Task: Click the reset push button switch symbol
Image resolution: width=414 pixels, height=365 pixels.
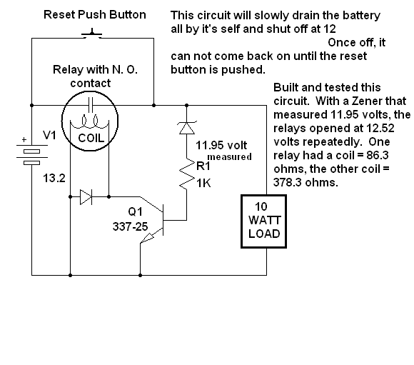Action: click(x=91, y=34)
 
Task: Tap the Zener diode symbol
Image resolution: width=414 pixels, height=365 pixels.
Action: click(x=187, y=128)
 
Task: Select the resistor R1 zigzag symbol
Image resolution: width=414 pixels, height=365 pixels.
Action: click(x=187, y=174)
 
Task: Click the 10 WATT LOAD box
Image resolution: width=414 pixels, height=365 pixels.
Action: click(x=264, y=221)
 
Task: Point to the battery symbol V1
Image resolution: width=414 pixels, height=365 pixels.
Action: click(x=32, y=154)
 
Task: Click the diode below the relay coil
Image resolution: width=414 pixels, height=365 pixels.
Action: click(x=86, y=197)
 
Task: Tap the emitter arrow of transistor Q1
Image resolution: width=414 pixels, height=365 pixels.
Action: click(x=148, y=237)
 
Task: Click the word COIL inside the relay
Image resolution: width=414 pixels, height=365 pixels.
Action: click(x=91, y=139)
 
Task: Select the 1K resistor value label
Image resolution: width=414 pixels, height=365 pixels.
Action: click(x=203, y=183)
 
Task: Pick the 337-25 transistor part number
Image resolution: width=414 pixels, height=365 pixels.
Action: click(x=130, y=226)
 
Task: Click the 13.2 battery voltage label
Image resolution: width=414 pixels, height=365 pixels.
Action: click(x=54, y=178)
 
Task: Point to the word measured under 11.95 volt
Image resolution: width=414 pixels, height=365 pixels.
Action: click(x=229, y=156)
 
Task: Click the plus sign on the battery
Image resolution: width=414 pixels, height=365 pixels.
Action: click(x=24, y=139)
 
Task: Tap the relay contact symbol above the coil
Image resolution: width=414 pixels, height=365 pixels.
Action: click(x=91, y=105)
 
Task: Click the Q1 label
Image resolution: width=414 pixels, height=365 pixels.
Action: click(x=135, y=211)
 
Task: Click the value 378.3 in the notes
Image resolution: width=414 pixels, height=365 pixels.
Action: click(x=286, y=182)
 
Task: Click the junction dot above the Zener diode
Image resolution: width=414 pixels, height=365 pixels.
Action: click(x=187, y=106)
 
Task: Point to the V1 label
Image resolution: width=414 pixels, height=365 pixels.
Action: click(x=49, y=135)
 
